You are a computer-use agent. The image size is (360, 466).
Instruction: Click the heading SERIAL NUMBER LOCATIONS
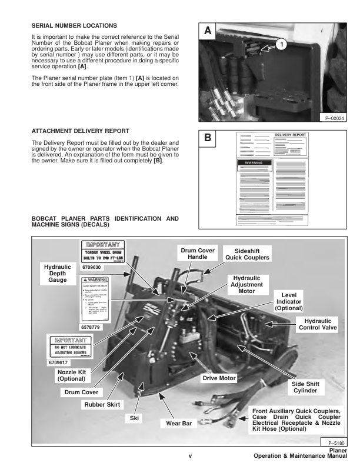(74, 25)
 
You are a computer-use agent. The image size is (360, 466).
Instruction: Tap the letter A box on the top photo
(208, 31)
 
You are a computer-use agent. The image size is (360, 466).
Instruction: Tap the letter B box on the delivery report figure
(208, 139)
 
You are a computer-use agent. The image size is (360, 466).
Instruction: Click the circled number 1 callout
(281, 44)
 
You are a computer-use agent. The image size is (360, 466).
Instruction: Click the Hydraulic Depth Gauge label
(58, 274)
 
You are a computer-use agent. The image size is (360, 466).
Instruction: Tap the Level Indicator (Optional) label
(288, 301)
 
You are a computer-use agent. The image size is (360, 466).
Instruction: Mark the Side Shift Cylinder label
(304, 387)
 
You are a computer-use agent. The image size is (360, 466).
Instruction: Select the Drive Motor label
(219, 378)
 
